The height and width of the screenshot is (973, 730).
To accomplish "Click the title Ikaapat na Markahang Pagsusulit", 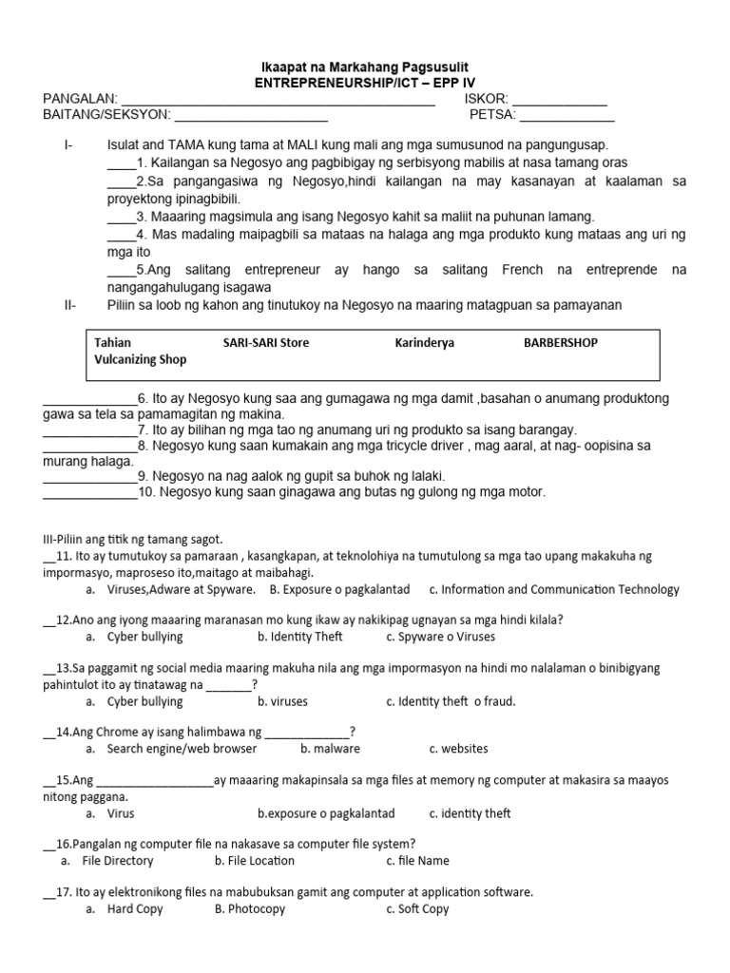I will click(365, 67).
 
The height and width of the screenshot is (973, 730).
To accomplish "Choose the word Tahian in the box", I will click(113, 342).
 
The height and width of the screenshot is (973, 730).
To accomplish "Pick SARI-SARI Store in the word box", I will click(266, 342).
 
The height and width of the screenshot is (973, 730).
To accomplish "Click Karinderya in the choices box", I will click(424, 342).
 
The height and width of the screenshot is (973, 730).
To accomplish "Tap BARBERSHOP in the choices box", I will click(561, 342).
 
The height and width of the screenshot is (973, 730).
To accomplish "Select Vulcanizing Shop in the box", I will click(141, 359).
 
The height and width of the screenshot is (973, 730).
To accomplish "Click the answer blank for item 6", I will click(90, 400).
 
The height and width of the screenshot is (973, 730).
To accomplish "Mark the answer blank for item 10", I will click(90, 494).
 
